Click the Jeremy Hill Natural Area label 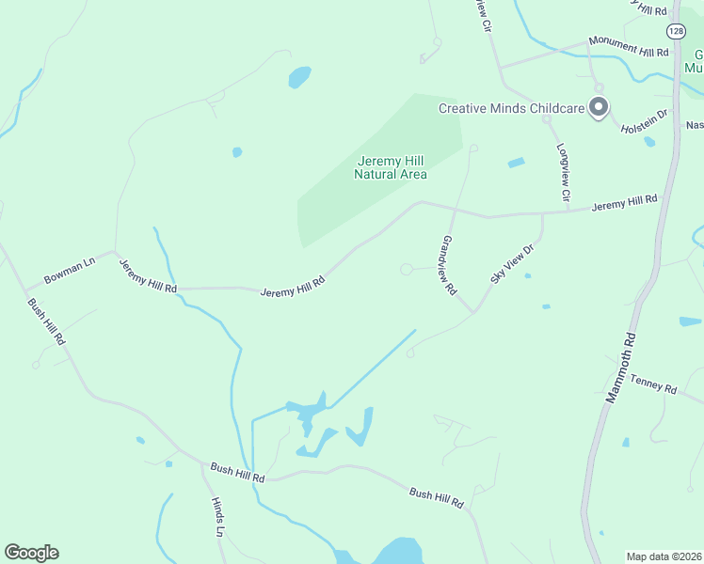(391, 167)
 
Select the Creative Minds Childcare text (512, 108)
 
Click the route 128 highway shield (676, 31)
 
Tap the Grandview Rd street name (446, 266)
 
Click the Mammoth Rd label (620, 366)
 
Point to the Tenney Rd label (653, 384)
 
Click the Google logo (31, 553)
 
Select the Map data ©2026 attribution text (664, 556)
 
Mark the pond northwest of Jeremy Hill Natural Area (299, 77)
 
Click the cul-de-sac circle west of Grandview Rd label (406, 270)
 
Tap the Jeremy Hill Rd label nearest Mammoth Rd (623, 202)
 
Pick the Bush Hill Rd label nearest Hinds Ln (237, 472)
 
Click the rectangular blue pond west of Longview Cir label (516, 163)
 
